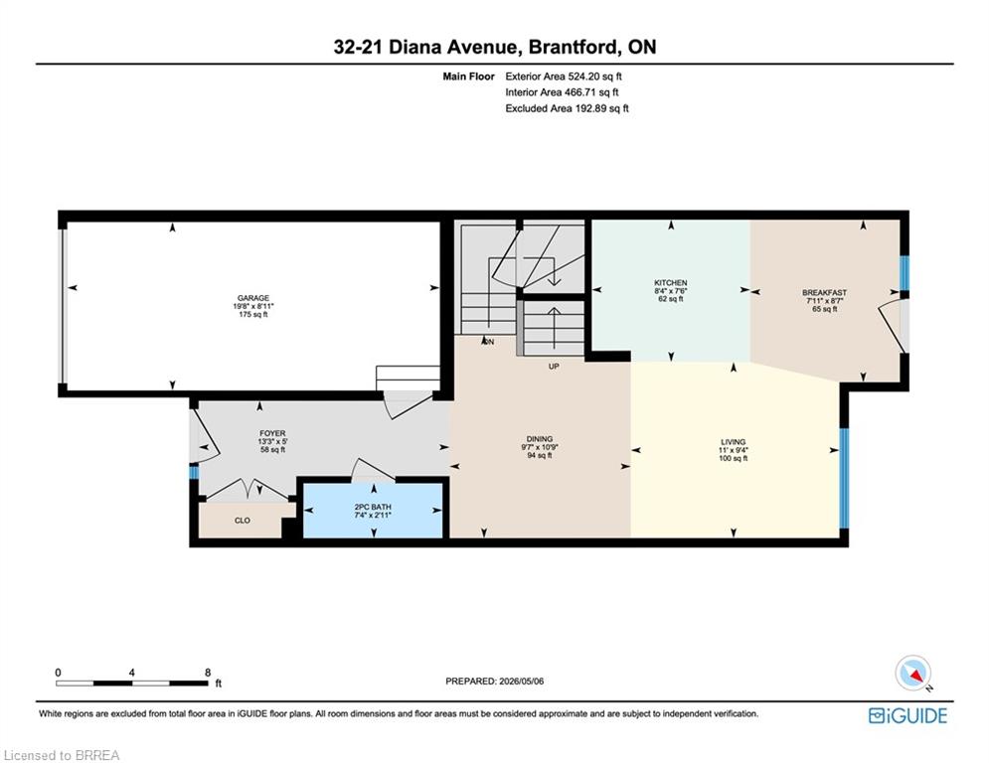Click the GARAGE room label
click(252, 298)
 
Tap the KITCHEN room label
click(671, 283)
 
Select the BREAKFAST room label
click(824, 293)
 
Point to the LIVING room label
click(733, 442)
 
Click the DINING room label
click(540, 439)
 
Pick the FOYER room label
click(272, 434)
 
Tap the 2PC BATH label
click(373, 507)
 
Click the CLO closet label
click(243, 521)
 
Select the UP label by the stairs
click(554, 367)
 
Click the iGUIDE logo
click(907, 715)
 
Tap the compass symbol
click(913, 674)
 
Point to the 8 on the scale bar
click(208, 673)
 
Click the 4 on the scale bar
click(132, 673)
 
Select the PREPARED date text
click(495, 681)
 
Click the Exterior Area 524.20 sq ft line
click(564, 76)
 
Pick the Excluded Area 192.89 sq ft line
click(567, 108)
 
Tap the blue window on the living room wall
click(844, 478)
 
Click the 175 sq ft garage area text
click(252, 314)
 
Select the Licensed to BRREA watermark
click(62, 755)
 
